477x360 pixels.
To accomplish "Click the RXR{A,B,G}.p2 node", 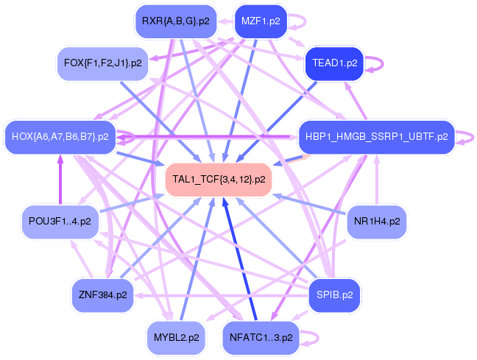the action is (x=176, y=21).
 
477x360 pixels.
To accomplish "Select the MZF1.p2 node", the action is (x=261, y=21).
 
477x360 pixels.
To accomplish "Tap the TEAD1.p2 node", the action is (x=335, y=63).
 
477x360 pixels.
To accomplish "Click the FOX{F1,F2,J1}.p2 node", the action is (x=103, y=63).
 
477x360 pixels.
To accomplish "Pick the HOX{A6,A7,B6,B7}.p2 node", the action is (x=60, y=137).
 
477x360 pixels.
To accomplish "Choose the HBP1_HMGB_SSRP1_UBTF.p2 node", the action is (x=377, y=137).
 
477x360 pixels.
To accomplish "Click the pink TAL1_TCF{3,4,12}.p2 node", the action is (x=219, y=179).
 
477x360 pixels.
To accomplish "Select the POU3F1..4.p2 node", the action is (x=60, y=222).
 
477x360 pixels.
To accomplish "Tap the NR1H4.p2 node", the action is (x=377, y=222).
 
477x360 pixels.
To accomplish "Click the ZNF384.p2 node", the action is (x=103, y=295).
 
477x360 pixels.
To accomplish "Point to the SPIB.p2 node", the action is (x=335, y=295).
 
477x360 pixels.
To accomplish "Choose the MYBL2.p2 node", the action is (x=176, y=337).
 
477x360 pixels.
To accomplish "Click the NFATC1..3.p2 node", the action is (x=261, y=337).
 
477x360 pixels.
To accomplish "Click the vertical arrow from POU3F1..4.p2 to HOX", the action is (x=60, y=179).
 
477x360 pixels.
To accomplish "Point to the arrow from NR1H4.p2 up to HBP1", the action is (x=377, y=179).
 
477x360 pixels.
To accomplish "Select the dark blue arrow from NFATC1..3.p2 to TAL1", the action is (x=240, y=258).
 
